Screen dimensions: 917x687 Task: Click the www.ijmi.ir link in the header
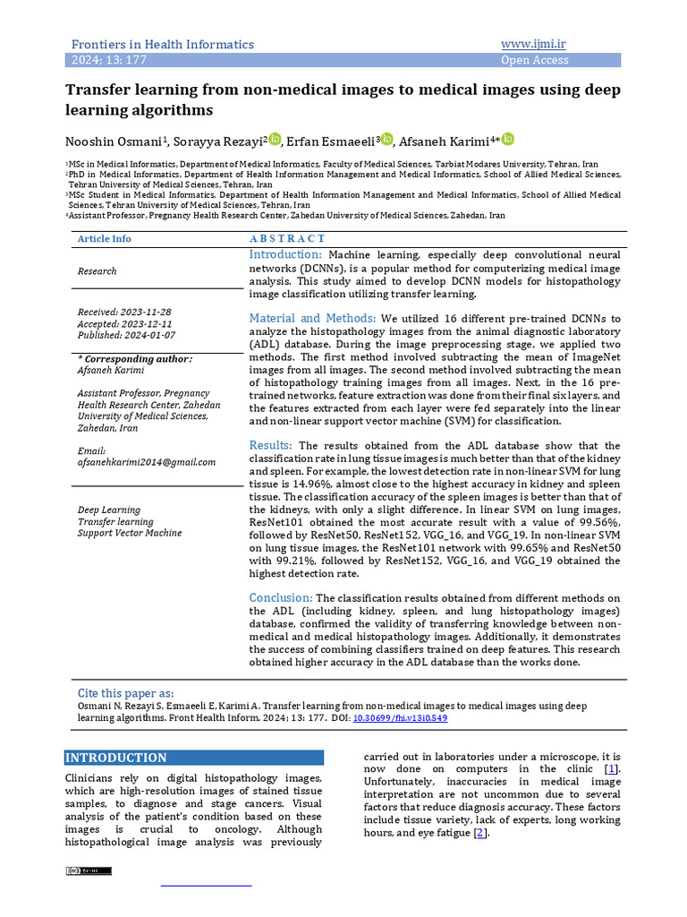tap(539, 44)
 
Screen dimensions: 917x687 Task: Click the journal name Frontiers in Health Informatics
tap(162, 44)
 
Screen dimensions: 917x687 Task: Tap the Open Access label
tap(534, 60)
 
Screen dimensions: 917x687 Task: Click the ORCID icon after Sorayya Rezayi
tap(275, 139)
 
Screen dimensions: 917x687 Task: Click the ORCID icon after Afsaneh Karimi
tap(508, 139)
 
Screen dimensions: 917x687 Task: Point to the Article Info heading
tap(104, 238)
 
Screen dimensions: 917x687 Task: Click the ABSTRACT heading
tap(287, 238)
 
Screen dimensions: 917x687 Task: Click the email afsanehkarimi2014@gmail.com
tap(147, 462)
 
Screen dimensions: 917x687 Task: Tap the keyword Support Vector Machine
tap(130, 533)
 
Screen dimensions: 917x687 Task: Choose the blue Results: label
tap(271, 445)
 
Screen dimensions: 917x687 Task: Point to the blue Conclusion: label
tap(281, 597)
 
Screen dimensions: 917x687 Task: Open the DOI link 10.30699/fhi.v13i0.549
tap(400, 718)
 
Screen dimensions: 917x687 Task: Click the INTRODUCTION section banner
tap(193, 758)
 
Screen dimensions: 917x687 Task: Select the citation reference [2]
tap(480, 833)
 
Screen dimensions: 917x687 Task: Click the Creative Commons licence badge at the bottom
tap(88, 870)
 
